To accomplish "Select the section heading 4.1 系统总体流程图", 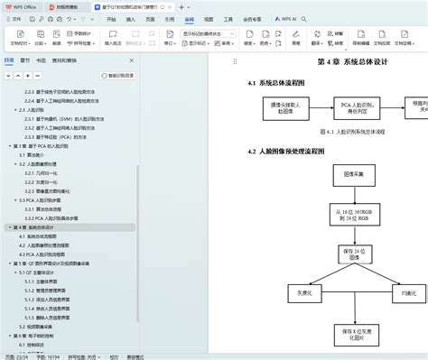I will click(279, 84).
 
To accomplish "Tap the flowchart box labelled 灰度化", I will click(281, 293).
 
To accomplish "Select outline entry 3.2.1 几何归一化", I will click(45, 172).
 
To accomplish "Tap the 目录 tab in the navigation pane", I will click(9, 60).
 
